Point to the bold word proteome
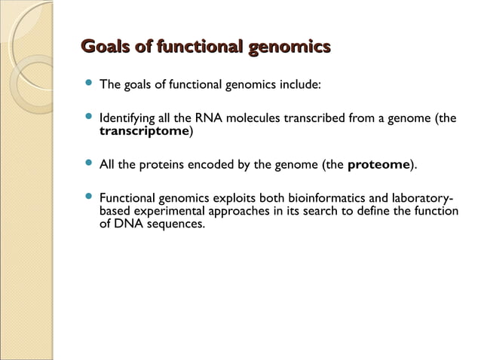(x=378, y=163)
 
